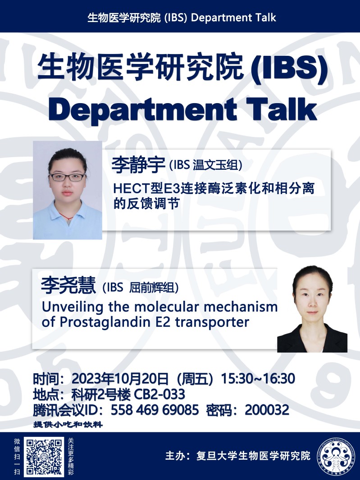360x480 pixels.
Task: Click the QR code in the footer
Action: coord(44,456)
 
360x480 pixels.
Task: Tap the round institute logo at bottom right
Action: coord(336,457)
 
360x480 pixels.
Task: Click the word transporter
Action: coord(212,322)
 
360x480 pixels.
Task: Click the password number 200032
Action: coord(267,410)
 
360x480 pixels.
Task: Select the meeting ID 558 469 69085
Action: coord(155,410)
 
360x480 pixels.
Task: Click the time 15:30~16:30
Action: coord(258,379)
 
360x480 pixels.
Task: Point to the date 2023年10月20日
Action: coord(120,379)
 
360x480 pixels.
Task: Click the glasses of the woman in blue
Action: coord(68,177)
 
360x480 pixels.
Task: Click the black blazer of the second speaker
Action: coord(312,340)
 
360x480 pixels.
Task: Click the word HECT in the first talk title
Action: coord(132,188)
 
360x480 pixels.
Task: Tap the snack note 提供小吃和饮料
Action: coord(68,425)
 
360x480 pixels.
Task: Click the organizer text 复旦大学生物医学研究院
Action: coord(253,456)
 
